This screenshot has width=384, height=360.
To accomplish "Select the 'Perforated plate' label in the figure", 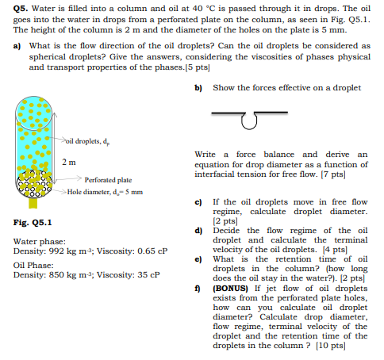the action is tap(108, 179).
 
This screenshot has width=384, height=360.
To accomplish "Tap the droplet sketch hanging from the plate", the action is tap(251, 121).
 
